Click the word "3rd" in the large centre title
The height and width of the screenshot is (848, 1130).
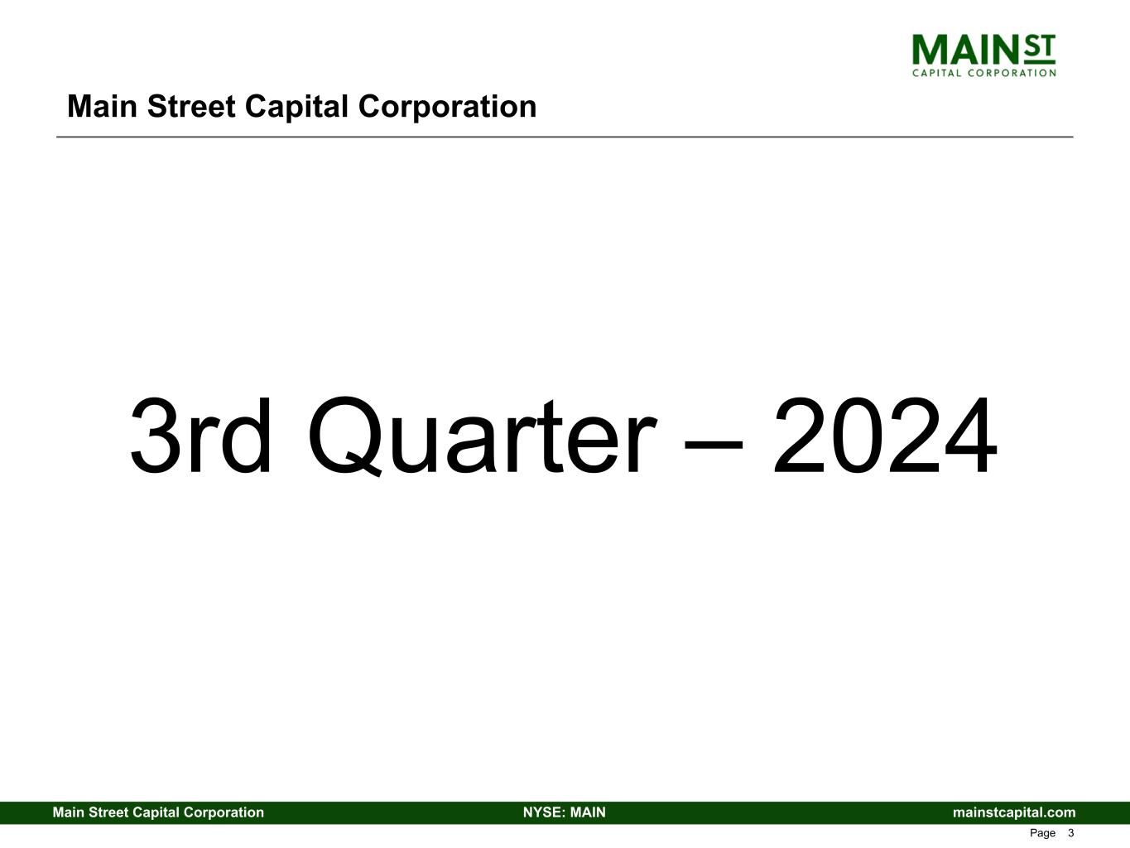pyautogui.click(x=200, y=436)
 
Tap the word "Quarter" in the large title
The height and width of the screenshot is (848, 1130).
pyautogui.click(x=483, y=436)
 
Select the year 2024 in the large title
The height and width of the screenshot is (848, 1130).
pyautogui.click(x=885, y=436)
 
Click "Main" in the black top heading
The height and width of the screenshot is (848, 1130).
pyautogui.click(x=102, y=107)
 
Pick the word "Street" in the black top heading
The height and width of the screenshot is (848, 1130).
pyautogui.click(x=191, y=107)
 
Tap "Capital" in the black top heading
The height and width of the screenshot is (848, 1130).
pyautogui.click(x=296, y=108)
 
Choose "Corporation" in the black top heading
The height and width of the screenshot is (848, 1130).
pyautogui.click(x=447, y=108)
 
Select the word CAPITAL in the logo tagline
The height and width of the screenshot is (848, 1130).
pyautogui.click(x=936, y=73)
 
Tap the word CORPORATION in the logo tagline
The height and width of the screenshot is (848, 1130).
pyautogui.click(x=1012, y=73)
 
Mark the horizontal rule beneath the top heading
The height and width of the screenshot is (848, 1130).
pyautogui.click(x=565, y=137)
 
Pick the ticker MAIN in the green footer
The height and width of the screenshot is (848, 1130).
pyautogui.click(x=588, y=812)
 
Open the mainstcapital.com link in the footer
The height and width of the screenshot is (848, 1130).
pyautogui.click(x=1014, y=813)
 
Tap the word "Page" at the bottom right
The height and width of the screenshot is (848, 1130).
pyautogui.click(x=1042, y=834)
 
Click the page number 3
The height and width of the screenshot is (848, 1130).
pyautogui.click(x=1070, y=833)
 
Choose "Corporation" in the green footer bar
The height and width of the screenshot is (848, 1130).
pyautogui.click(x=224, y=813)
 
